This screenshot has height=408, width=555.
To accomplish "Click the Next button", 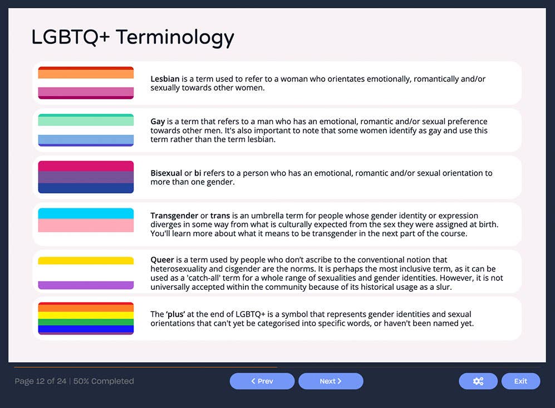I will (331, 381).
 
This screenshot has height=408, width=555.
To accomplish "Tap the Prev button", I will (262, 381).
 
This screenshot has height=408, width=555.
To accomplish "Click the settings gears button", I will (478, 381).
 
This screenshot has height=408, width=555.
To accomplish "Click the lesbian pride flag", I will (86, 83).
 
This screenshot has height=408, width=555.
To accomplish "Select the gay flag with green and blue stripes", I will (86, 130).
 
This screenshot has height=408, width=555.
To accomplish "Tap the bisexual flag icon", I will (86, 177).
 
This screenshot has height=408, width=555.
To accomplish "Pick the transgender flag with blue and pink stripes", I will (86, 224).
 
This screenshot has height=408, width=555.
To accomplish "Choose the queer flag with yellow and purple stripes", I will (86, 273).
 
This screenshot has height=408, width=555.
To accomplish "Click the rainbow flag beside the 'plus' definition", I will (86, 318).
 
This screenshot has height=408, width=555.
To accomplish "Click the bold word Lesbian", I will (165, 79).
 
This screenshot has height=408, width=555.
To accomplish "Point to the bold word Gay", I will (158, 122).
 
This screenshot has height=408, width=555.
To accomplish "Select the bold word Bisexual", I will (166, 173).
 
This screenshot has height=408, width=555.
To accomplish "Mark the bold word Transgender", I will (174, 216).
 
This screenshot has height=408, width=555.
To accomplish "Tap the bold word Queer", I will (162, 260).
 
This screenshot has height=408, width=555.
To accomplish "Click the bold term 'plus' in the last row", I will (175, 314).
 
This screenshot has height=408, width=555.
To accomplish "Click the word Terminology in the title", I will (174, 37).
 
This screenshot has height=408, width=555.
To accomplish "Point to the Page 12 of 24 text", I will (40, 381).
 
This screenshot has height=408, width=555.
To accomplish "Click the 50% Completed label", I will (104, 381).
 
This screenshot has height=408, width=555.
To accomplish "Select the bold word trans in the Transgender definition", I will (220, 216).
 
